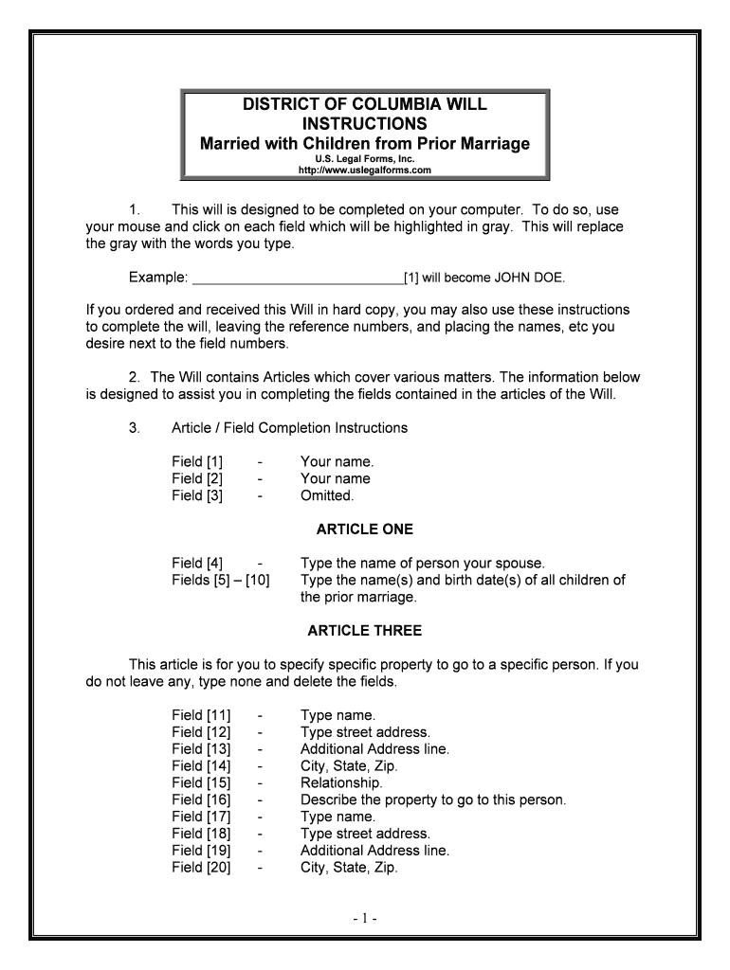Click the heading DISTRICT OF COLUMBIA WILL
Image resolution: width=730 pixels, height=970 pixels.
click(365, 104)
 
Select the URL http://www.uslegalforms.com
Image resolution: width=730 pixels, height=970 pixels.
click(365, 171)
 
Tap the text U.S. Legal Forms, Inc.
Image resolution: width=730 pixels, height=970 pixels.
click(365, 158)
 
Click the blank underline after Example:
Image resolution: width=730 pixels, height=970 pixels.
click(297, 278)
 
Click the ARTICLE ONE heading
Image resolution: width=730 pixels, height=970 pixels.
click(365, 529)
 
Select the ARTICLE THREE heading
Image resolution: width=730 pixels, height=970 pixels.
click(365, 630)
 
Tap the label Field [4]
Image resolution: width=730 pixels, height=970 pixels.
click(197, 563)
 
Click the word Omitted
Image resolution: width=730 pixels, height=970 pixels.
click(327, 495)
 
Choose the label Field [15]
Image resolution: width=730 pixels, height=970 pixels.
click(201, 782)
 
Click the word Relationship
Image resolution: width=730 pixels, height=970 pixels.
click(341, 782)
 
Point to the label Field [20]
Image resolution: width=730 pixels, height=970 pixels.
click(201, 868)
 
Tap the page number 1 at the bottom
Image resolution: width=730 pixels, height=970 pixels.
click(365, 918)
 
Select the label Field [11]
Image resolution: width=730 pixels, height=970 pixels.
click(201, 714)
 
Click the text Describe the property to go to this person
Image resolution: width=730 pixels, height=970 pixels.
click(432, 799)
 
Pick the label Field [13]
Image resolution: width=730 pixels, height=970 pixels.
click(201, 748)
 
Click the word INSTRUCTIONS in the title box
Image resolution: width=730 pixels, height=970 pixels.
click(365, 124)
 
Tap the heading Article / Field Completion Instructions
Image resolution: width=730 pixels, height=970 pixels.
click(289, 427)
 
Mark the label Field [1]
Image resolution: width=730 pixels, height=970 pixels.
click(197, 461)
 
